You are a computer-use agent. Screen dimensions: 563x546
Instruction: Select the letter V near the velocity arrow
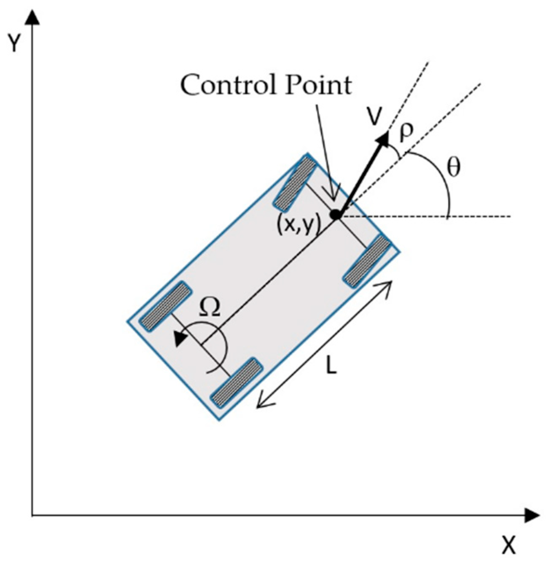click(374, 118)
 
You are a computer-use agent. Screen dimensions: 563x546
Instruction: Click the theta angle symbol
click(454, 168)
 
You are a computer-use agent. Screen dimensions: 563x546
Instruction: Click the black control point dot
click(335, 215)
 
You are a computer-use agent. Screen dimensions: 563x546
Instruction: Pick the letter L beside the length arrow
click(332, 367)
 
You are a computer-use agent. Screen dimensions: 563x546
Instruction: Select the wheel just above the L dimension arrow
click(367, 261)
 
